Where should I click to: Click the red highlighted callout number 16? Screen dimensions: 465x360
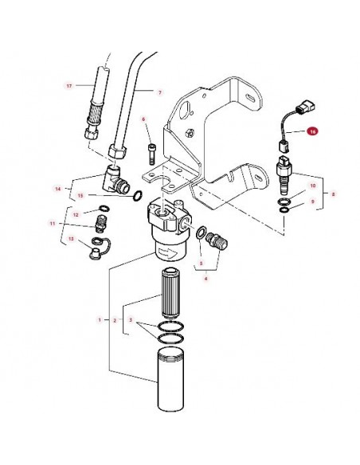pyautogui.click(x=312, y=131)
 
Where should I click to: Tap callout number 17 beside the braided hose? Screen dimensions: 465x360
pyautogui.click(x=69, y=85)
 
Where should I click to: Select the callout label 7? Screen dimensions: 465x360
pyautogui.click(x=160, y=92)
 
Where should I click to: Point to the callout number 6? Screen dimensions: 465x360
pyautogui.click(x=144, y=119)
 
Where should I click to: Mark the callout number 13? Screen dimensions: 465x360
pyautogui.click(x=71, y=240)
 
